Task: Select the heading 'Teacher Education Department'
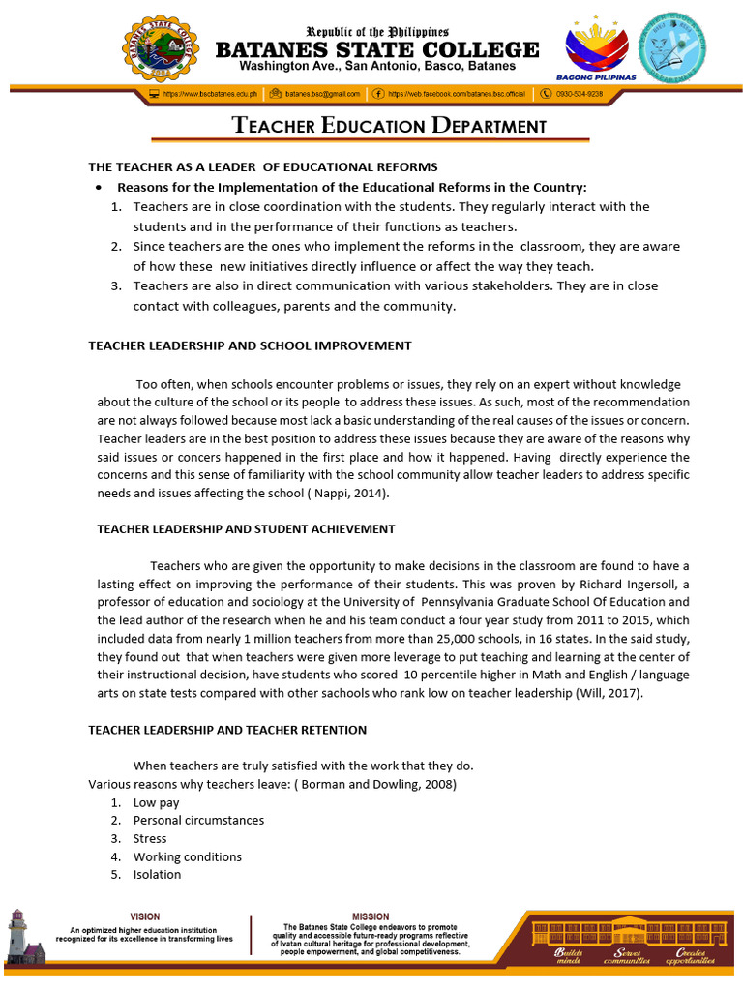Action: [x=389, y=126]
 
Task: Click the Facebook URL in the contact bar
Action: [x=461, y=94]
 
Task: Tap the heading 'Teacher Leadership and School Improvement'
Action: [x=250, y=345]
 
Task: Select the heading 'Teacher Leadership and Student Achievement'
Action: [x=246, y=529]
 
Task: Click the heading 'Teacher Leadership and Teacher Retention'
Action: [x=227, y=729]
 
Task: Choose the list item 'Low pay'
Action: [x=156, y=802]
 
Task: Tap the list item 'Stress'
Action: [x=150, y=838]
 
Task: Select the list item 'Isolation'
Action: [x=157, y=874]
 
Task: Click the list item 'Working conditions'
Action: [x=187, y=856]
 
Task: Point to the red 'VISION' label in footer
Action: [x=145, y=916]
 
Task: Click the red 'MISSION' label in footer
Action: [x=371, y=916]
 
